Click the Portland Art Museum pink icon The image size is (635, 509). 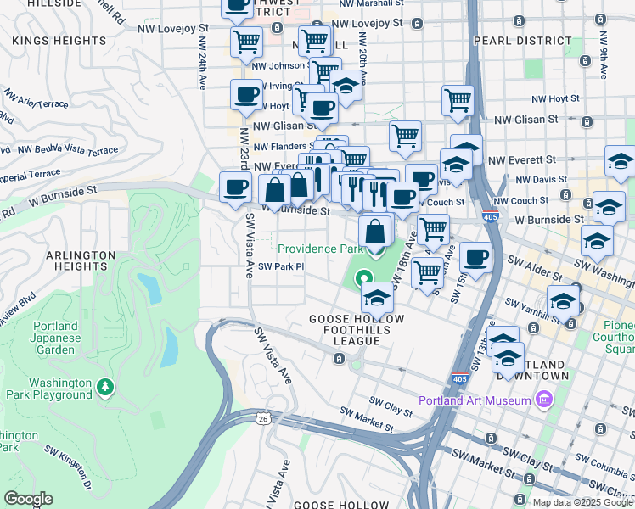544,400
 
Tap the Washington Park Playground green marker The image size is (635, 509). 105,388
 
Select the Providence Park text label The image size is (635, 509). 320,249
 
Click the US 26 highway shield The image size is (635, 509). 261,418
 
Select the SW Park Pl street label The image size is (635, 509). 281,266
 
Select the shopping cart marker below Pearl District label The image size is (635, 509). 458,99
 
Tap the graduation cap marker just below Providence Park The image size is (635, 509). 377,297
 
